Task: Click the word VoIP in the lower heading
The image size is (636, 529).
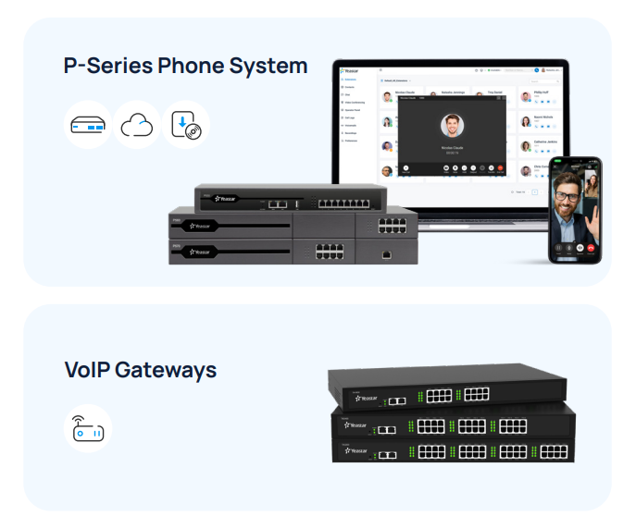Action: point(88,370)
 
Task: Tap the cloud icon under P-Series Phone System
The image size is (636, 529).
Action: point(137,125)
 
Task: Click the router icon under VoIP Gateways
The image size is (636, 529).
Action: point(88,429)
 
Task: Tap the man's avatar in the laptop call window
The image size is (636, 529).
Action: point(452,125)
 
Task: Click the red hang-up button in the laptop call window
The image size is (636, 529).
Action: point(500,167)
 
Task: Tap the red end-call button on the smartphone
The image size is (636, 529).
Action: point(580,247)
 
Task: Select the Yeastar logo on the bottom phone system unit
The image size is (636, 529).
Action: point(201,251)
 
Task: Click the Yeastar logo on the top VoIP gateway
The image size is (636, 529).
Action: point(368,400)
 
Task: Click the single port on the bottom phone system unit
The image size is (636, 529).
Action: point(386,252)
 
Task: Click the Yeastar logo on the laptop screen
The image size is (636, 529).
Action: point(349,70)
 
